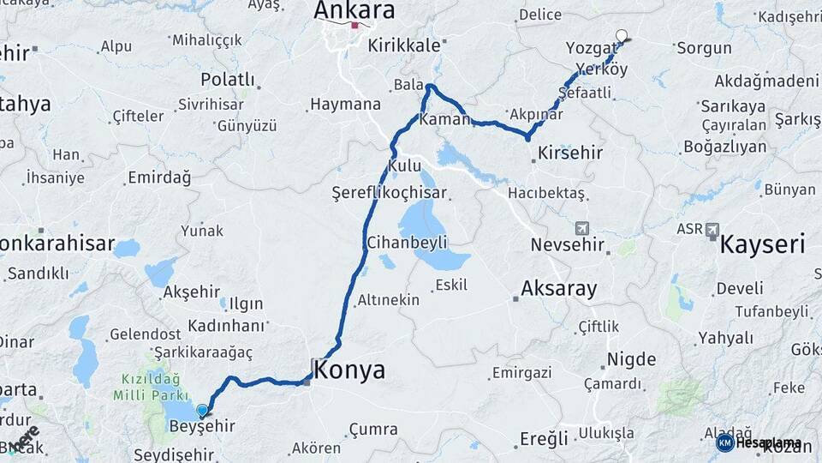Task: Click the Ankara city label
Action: (354, 10)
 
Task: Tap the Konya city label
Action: (349, 370)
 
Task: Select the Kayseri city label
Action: (762, 244)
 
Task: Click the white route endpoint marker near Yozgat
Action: (622, 36)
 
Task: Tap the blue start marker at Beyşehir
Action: (202, 411)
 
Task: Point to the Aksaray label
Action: (558, 288)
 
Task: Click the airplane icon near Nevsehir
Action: (583, 228)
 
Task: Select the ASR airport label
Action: (689, 229)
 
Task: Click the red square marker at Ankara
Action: (355, 25)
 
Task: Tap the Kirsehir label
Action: (570, 153)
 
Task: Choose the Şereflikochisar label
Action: (378, 194)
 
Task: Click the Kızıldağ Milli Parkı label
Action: (150, 385)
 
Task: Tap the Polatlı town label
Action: (227, 79)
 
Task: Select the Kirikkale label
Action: (403, 45)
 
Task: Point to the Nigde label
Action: (631, 358)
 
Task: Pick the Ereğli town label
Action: (544, 438)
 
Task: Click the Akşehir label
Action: (192, 292)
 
